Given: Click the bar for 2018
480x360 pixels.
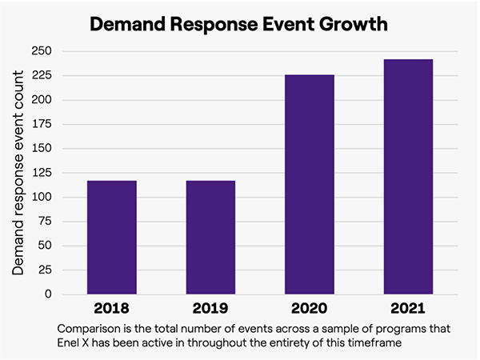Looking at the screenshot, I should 112,237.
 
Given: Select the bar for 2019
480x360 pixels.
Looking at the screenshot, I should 210,237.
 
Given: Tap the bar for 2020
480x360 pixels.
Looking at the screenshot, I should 310,184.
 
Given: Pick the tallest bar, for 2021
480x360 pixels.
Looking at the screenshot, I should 408,176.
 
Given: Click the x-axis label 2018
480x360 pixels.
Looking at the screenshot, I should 112,308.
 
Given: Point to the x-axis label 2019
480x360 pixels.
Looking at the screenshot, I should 210,308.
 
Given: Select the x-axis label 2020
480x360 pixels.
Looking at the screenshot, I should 310,308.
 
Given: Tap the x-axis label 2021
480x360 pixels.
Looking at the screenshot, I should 408,308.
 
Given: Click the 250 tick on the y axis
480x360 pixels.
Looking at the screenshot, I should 40,51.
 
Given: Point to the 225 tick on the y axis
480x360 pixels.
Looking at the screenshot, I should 40,75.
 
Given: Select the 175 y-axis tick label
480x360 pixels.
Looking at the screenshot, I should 40,124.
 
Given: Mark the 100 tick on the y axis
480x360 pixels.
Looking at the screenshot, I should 40,197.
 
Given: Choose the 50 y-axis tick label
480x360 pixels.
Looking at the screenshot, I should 44,246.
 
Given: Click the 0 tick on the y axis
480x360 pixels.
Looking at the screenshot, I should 48,294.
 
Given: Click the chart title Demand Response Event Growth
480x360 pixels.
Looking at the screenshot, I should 239,24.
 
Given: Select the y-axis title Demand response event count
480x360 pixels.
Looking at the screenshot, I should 18,172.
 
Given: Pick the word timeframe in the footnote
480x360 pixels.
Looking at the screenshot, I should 394,342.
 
